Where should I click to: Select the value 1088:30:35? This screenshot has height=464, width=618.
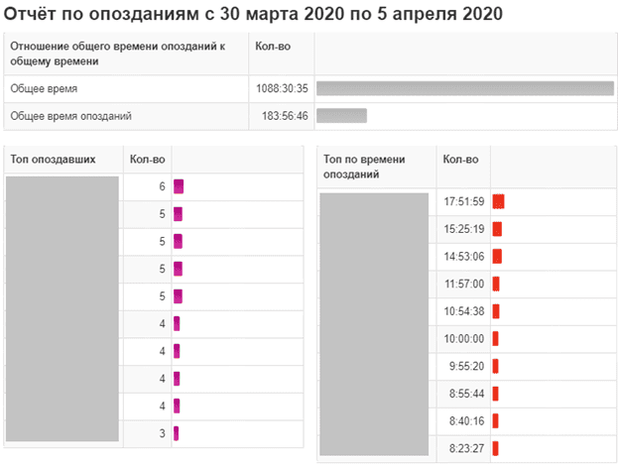coord(282,88)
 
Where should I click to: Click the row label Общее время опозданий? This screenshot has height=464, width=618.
coord(71,116)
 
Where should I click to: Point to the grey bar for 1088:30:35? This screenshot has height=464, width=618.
coord(464,88)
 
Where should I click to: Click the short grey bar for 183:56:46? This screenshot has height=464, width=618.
coord(341,116)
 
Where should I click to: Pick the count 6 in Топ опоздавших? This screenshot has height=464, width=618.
coord(161,186)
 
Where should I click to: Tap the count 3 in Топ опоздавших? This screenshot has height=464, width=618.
coord(161,433)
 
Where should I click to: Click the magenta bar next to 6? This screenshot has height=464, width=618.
coord(179,186)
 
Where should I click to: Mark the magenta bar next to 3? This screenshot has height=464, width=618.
coord(176,433)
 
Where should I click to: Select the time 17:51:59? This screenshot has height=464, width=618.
coord(463,201)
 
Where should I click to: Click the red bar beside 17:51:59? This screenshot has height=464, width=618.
coord(498,201)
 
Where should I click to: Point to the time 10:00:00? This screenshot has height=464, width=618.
coord(463,338)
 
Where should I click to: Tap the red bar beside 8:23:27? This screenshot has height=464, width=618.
coord(495,448)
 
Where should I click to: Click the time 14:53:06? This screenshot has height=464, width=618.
coord(463,256)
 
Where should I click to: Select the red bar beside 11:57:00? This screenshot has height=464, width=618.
coord(496,284)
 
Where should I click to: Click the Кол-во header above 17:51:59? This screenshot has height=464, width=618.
coord(460,160)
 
